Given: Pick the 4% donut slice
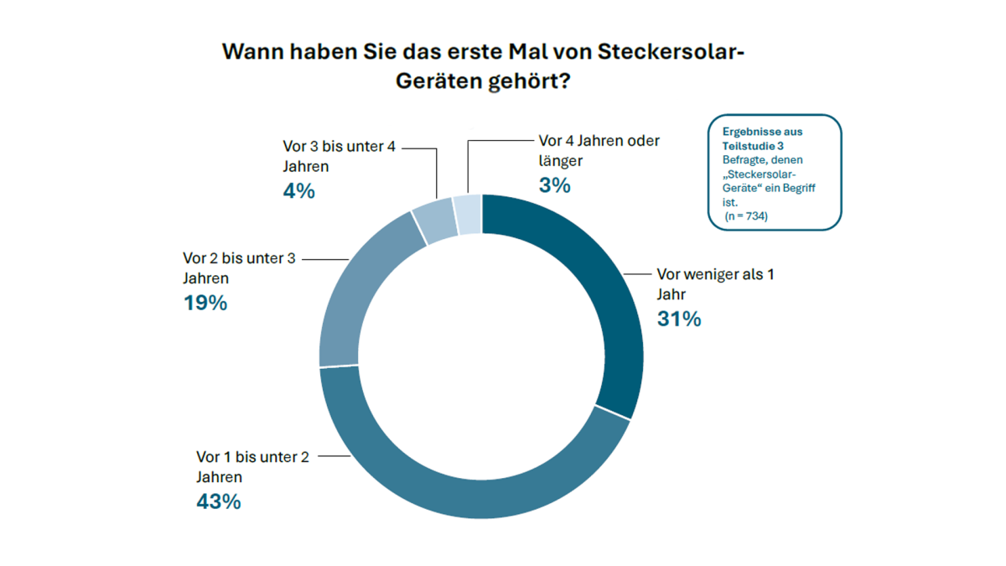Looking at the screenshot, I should pyautogui.click(x=434, y=221).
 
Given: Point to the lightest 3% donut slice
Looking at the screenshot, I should pyautogui.click(x=468, y=214).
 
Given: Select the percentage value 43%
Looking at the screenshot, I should pyautogui.click(x=218, y=502).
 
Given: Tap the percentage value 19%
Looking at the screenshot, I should pyautogui.click(x=205, y=303).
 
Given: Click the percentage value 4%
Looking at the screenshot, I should pyautogui.click(x=298, y=191).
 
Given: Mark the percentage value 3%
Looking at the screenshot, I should pyautogui.click(x=555, y=186).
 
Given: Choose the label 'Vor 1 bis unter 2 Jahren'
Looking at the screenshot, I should pyautogui.click(x=252, y=467).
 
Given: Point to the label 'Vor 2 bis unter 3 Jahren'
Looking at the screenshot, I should pyautogui.click(x=239, y=267).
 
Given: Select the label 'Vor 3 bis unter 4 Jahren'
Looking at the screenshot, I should pyautogui.click(x=339, y=156).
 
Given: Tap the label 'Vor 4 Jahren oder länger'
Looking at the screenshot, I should pyautogui.click(x=599, y=150).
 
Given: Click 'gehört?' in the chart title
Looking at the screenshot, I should pyautogui.click(x=532, y=83).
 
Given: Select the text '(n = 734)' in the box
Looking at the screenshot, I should pyautogui.click(x=746, y=216).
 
